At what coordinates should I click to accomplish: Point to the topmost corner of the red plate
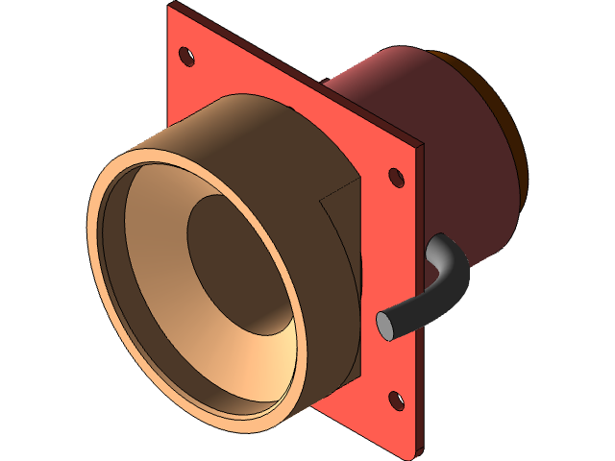pyautogui.click(x=172, y=6)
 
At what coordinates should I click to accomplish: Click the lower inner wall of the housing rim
pyautogui.click(x=240, y=384)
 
